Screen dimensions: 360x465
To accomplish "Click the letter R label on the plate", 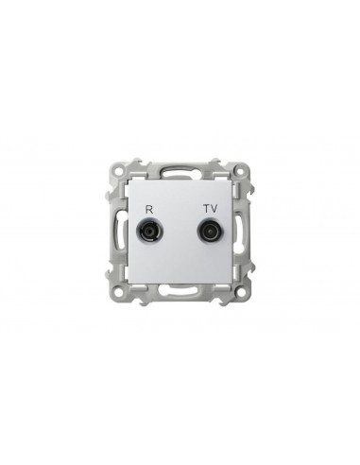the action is (148, 209).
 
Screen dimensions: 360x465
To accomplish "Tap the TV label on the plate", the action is (211, 209).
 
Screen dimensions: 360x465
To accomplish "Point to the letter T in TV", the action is (207, 209).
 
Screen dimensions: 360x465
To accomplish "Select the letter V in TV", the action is (214, 209).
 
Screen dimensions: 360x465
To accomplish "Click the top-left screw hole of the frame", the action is (118, 172).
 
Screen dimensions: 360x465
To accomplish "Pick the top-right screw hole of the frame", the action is (241, 172).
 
